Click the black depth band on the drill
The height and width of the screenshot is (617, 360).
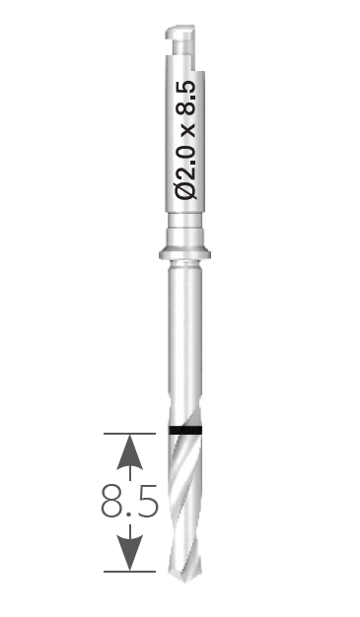tap(185, 430)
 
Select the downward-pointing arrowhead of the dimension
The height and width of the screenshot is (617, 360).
tap(129, 553)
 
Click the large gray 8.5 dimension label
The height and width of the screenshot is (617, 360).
tap(129, 502)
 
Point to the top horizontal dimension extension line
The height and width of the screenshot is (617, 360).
tap(129, 434)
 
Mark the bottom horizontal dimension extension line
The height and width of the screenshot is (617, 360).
tap(129, 571)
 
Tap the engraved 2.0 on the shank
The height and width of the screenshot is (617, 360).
tap(185, 160)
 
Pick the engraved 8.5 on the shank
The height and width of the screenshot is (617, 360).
tap(185, 99)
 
